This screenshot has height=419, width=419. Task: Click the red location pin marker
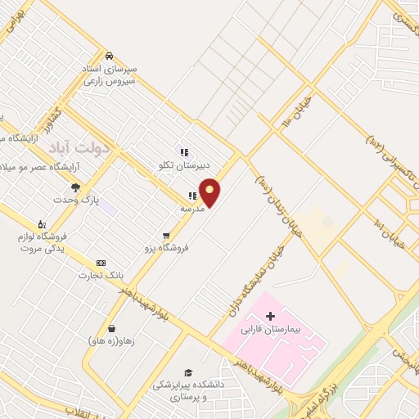coord(210,192)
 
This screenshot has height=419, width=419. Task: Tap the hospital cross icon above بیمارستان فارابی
coord(270,316)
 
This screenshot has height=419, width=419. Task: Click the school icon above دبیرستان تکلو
coord(185,151)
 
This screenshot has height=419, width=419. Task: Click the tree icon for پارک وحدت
coord(76,187)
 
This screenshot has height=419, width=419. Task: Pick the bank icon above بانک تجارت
coord(101,263)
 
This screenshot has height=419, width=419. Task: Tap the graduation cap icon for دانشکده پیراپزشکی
coord(188,372)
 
